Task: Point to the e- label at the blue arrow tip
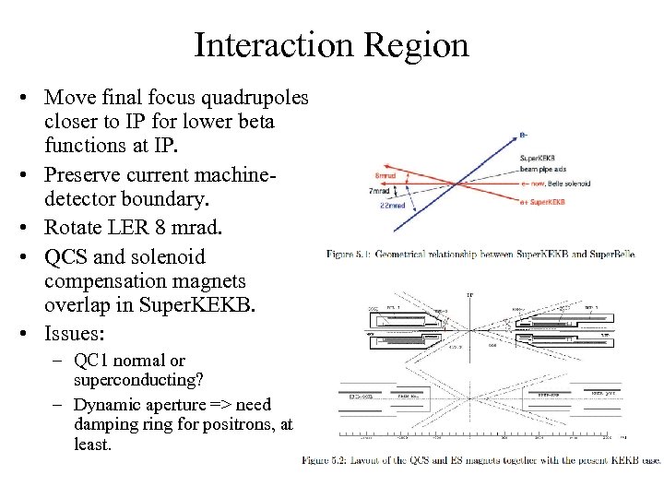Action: (524, 136)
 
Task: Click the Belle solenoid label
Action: (573, 184)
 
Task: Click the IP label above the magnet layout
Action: (469, 295)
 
